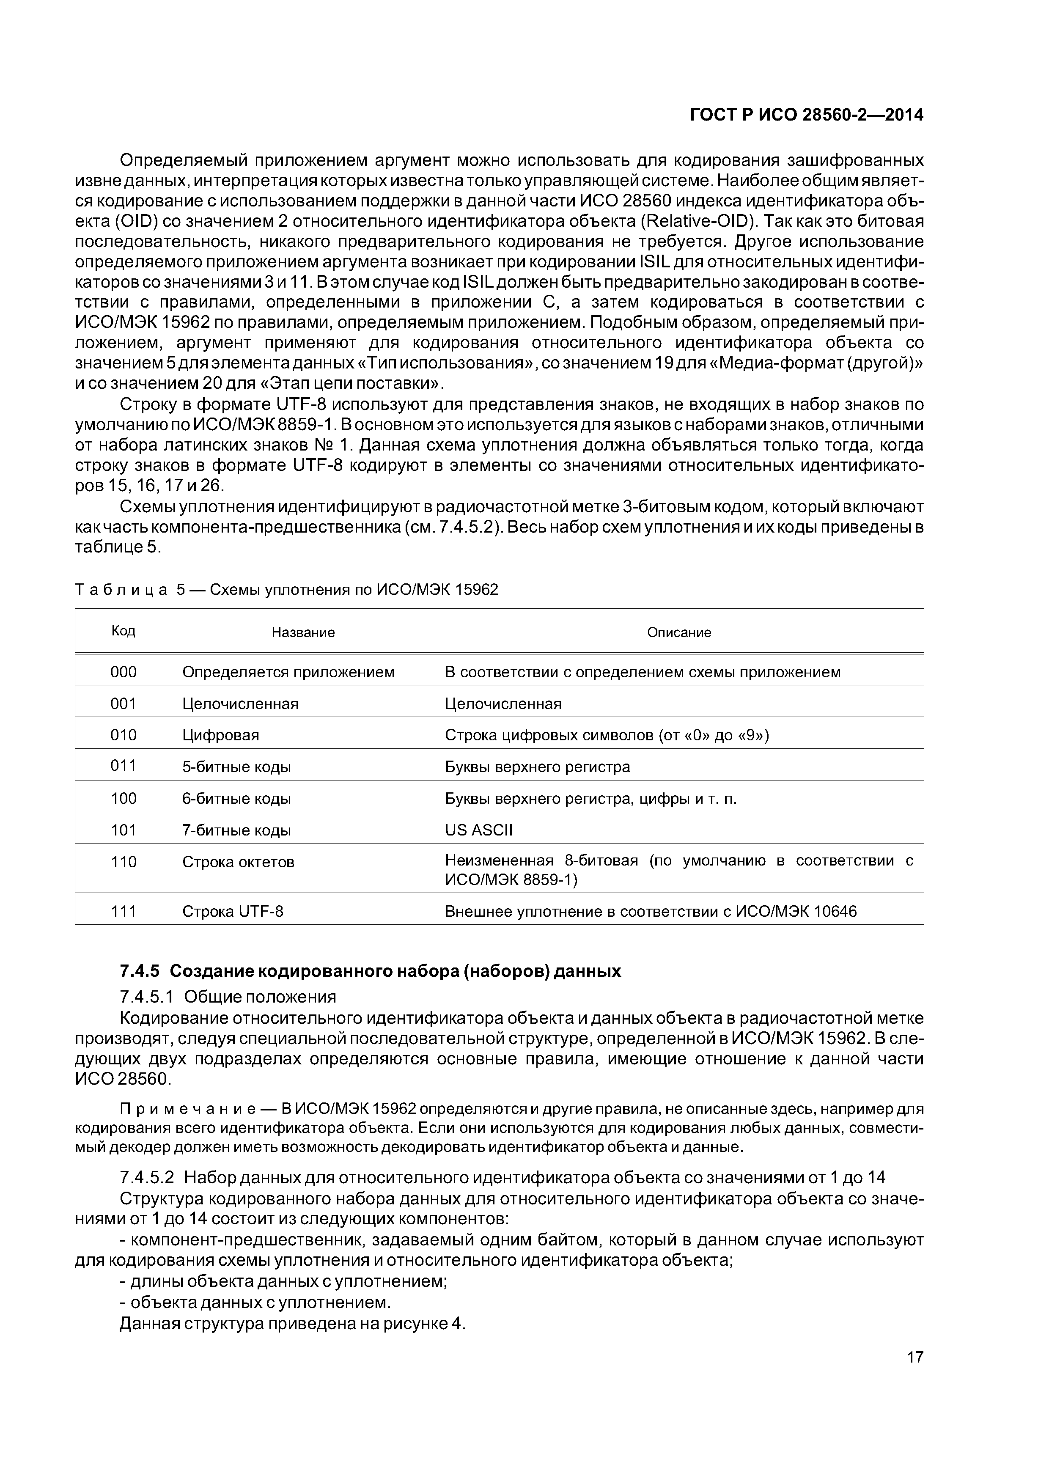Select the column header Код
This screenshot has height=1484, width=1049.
[x=124, y=631]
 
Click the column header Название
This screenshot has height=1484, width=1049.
[x=303, y=632]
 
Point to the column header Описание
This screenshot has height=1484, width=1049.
[x=678, y=632]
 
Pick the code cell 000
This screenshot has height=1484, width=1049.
[x=124, y=672]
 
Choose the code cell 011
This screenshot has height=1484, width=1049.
[x=124, y=766]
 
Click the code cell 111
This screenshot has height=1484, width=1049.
[x=124, y=911]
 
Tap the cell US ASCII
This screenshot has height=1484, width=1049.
[x=478, y=830]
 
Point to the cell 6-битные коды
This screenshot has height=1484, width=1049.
[x=236, y=799]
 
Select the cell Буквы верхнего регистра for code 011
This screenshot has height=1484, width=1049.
[x=537, y=767]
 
